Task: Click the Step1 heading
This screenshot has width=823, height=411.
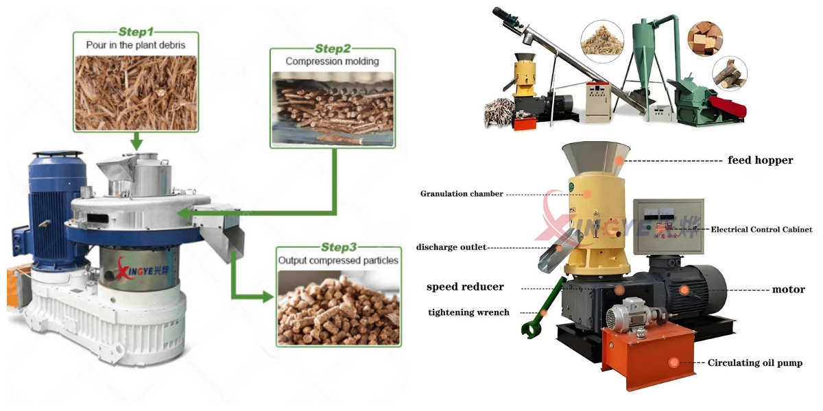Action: [136, 32]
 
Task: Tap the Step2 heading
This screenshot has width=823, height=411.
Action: [333, 49]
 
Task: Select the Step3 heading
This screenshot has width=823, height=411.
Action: [339, 247]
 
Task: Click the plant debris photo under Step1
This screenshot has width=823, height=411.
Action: [136, 93]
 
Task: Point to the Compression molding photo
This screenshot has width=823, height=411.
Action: [333, 109]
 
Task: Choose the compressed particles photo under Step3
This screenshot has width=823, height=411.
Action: [339, 308]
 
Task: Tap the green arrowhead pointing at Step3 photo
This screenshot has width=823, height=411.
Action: [268, 296]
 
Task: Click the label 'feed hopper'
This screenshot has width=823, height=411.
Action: [760, 160]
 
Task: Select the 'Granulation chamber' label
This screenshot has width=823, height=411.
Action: [462, 194]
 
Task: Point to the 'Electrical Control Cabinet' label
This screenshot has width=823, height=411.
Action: [762, 229]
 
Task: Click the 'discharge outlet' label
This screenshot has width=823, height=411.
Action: [451, 247]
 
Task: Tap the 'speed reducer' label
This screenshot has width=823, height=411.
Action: [465, 286]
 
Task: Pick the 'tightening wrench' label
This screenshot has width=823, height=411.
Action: [469, 312]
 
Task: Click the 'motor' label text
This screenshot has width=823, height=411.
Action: [789, 290]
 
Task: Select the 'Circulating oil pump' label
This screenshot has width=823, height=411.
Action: [755, 363]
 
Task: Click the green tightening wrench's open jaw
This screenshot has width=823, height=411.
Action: [529, 330]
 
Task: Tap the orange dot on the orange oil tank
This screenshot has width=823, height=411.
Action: [673, 362]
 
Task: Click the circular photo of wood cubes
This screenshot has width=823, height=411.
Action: [705, 39]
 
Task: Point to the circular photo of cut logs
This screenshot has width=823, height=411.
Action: [730, 74]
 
